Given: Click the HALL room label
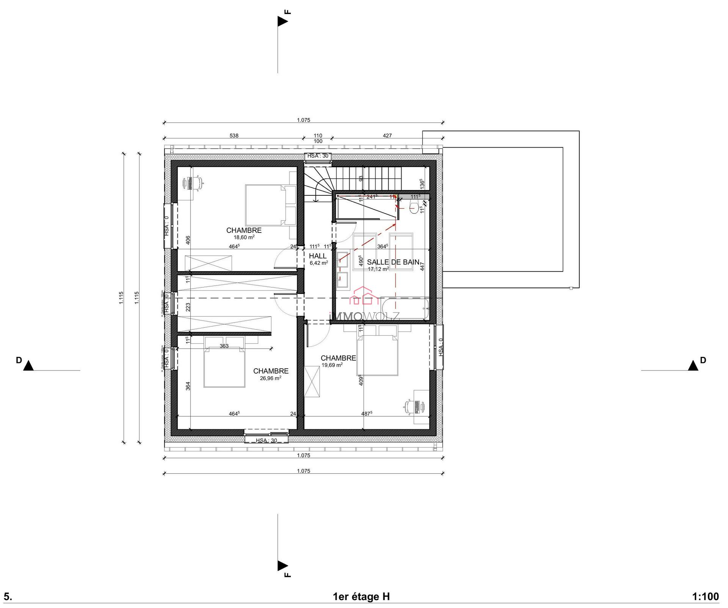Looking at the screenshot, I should click(317, 256).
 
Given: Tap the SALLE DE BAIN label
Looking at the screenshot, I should click(393, 262).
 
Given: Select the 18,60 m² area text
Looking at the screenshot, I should click(244, 237).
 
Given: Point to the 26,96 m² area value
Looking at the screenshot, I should click(270, 378).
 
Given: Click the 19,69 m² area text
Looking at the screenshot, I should click(332, 365).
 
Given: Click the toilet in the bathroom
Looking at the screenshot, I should click(414, 207).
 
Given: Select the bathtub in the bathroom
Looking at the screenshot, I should click(405, 308).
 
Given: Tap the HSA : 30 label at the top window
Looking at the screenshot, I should click(318, 156).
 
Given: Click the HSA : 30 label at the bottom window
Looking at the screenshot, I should click(266, 440).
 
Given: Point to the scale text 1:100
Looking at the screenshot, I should click(705, 597).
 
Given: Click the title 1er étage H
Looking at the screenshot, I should click(361, 597).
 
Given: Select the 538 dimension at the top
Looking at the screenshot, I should click(234, 135).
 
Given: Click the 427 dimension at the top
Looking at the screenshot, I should click(387, 135).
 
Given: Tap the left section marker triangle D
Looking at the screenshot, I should click(28, 366).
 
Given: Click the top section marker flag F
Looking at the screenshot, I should click(282, 21).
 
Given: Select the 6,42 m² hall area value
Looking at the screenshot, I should click(318, 263).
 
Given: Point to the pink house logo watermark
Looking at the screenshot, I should click(364, 296).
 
